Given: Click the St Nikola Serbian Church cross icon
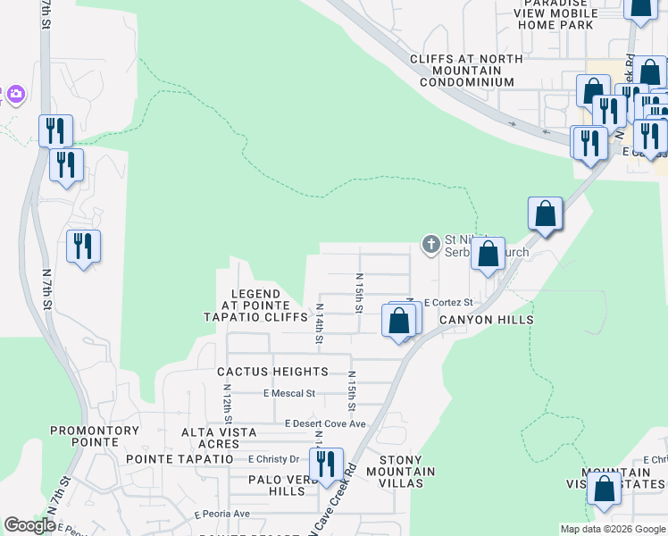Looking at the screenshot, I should coord(430,243).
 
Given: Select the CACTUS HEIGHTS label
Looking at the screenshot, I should coord(273,372).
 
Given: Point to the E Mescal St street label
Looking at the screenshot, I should coord(289,393).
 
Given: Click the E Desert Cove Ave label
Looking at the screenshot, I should coord(325,423).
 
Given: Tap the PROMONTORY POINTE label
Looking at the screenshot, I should coord(96,436).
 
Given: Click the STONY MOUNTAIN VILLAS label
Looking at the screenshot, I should coord(400,472).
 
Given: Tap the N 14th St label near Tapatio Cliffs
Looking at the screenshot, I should coord(319,324).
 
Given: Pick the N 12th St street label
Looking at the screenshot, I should coord(229,404).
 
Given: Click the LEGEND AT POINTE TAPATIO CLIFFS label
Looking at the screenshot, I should coord(255,306).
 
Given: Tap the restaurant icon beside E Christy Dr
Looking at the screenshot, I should coord(326,464).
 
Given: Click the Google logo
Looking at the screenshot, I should coord(29,525).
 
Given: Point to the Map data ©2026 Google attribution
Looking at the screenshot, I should coord(612,529).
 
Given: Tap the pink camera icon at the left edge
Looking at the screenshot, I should coord(15,94).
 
